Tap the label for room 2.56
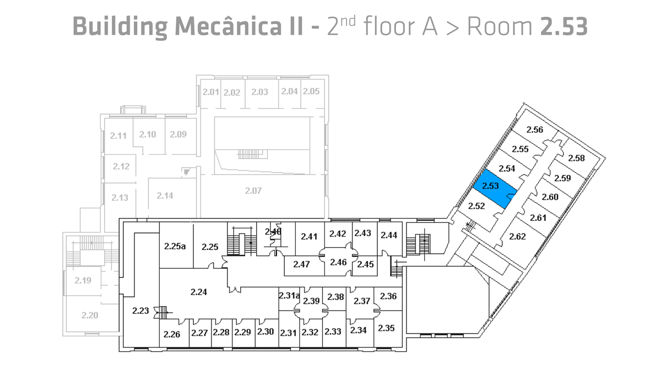(x=535, y=130)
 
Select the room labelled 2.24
(x=199, y=292)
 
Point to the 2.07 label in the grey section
(x=253, y=191)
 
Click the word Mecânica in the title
(x=228, y=26)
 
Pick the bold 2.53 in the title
(x=564, y=26)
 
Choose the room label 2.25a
(x=175, y=246)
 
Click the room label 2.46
(x=338, y=262)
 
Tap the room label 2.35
(x=386, y=328)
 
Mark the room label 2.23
(x=140, y=310)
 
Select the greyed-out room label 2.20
(x=90, y=315)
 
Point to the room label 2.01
(x=210, y=92)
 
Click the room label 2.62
(x=517, y=237)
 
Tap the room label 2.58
(x=576, y=158)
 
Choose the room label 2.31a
(x=289, y=295)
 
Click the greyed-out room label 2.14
(x=165, y=195)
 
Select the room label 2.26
(x=171, y=334)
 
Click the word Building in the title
(x=120, y=27)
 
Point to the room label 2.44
(x=389, y=235)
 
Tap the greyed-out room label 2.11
(x=118, y=135)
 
